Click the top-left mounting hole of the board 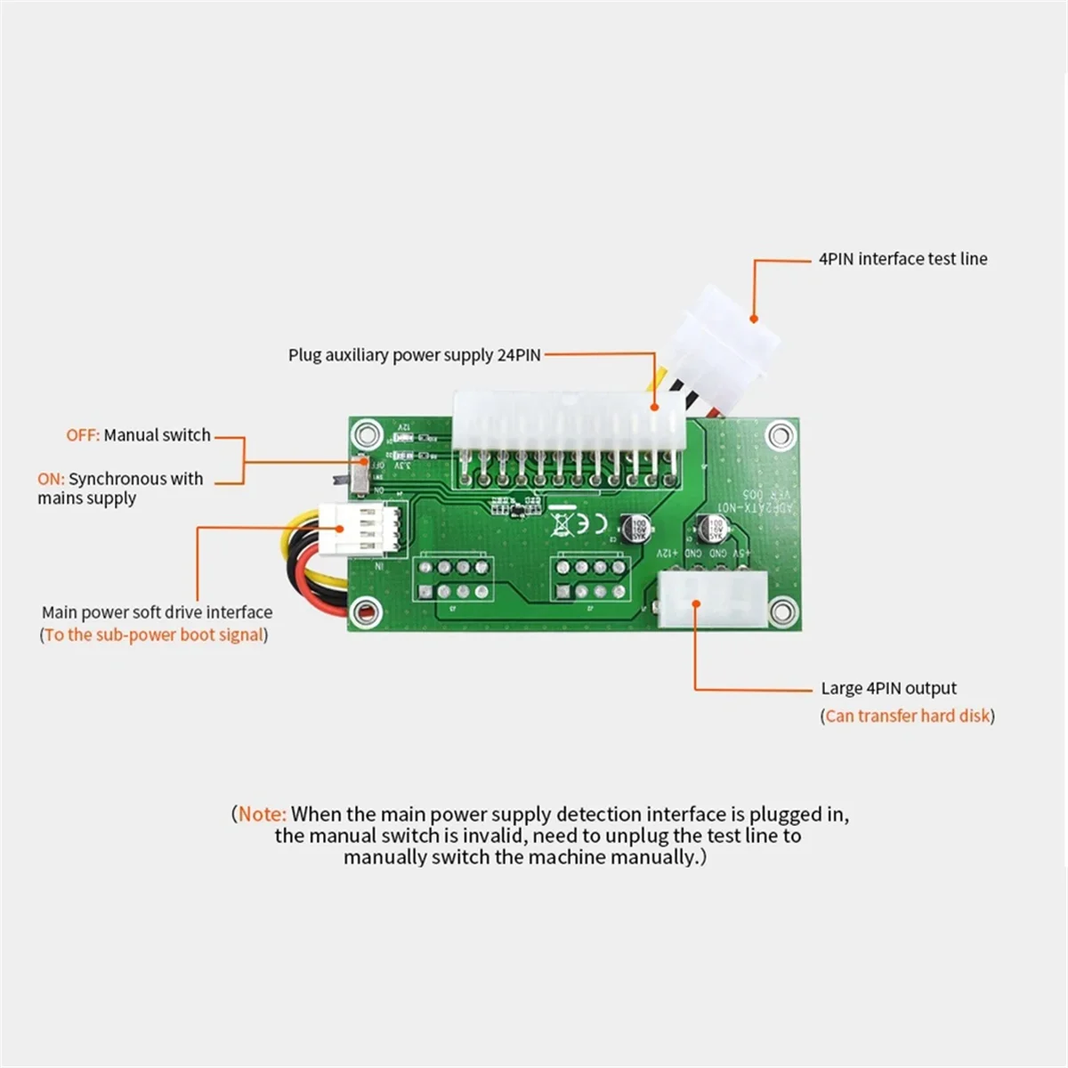pos(364,434)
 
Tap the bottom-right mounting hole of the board pos(781,611)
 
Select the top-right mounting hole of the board pos(781,435)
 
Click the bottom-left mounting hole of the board pos(364,611)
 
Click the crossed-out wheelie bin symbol pos(560,522)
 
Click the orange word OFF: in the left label pos(83,435)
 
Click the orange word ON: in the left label pos(51,479)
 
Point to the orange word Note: pos(263,813)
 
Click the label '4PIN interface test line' pos(902,259)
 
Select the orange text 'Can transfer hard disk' pos(907,716)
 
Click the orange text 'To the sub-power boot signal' pos(154,635)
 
